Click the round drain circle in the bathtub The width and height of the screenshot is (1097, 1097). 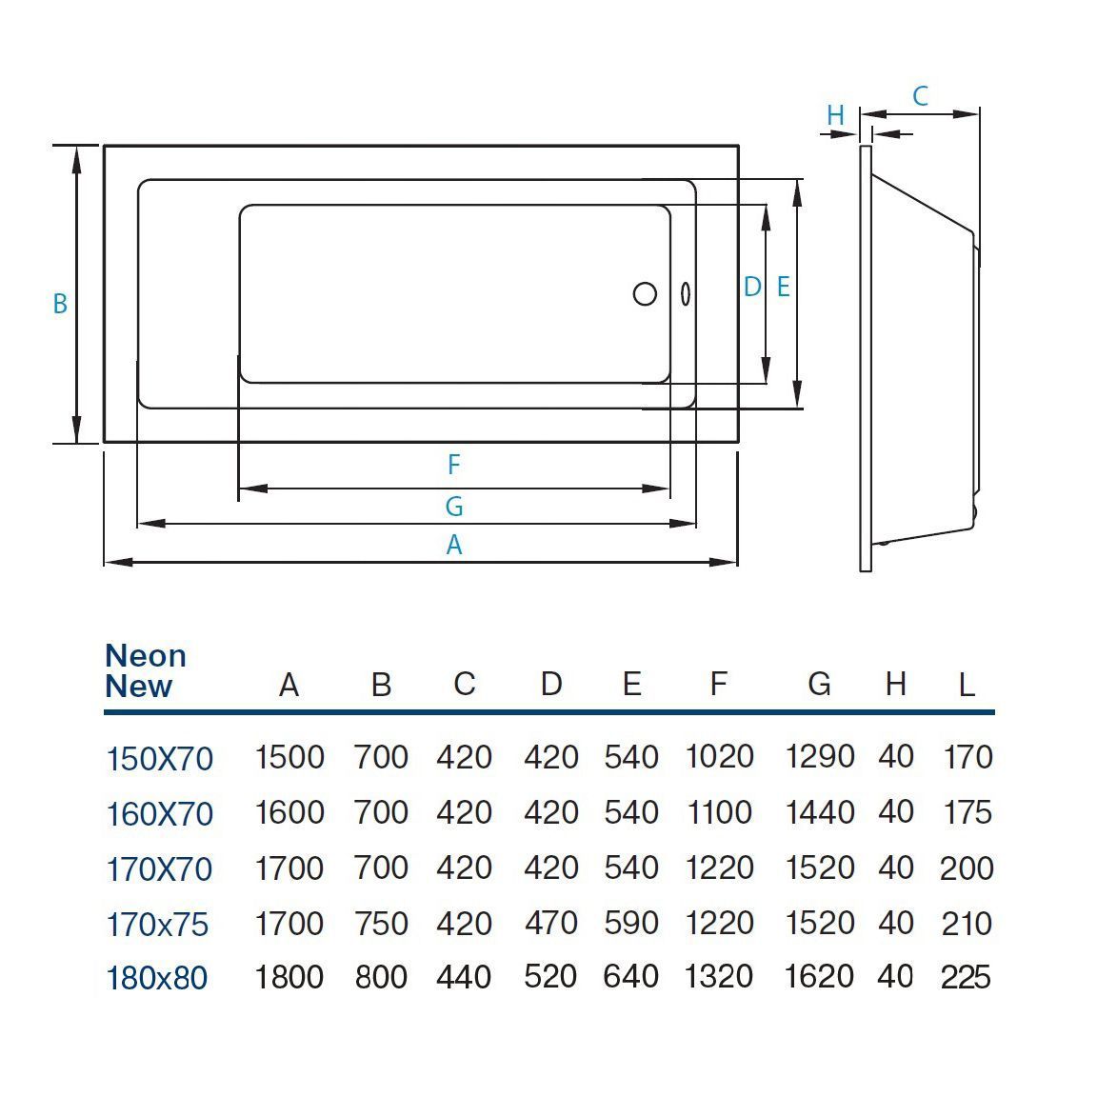[x=645, y=293]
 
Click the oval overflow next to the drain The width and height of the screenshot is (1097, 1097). [x=684, y=293]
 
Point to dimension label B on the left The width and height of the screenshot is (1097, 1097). [x=60, y=304]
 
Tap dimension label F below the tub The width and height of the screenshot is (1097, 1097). [x=454, y=465]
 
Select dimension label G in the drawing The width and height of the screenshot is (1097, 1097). [x=454, y=507]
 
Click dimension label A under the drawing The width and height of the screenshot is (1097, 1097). [x=454, y=546]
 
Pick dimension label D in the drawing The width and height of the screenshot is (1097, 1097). [x=752, y=287]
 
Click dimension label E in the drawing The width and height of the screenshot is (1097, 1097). [x=784, y=287]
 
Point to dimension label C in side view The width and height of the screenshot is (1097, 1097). [x=920, y=96]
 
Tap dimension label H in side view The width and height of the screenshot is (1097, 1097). [x=835, y=116]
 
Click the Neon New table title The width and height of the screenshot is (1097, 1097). [x=145, y=670]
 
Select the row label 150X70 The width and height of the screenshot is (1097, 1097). [x=159, y=759]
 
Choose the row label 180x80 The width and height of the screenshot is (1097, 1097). [x=156, y=978]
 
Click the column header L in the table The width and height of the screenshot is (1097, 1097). [x=967, y=685]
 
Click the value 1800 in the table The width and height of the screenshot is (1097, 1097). [x=289, y=977]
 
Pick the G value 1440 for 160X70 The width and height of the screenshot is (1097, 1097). [x=819, y=812]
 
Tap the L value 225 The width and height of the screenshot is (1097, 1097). [x=966, y=977]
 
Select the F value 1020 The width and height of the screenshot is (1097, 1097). [x=719, y=757]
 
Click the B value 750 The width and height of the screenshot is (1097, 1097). [x=381, y=923]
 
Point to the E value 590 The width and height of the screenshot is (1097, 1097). [x=631, y=923]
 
